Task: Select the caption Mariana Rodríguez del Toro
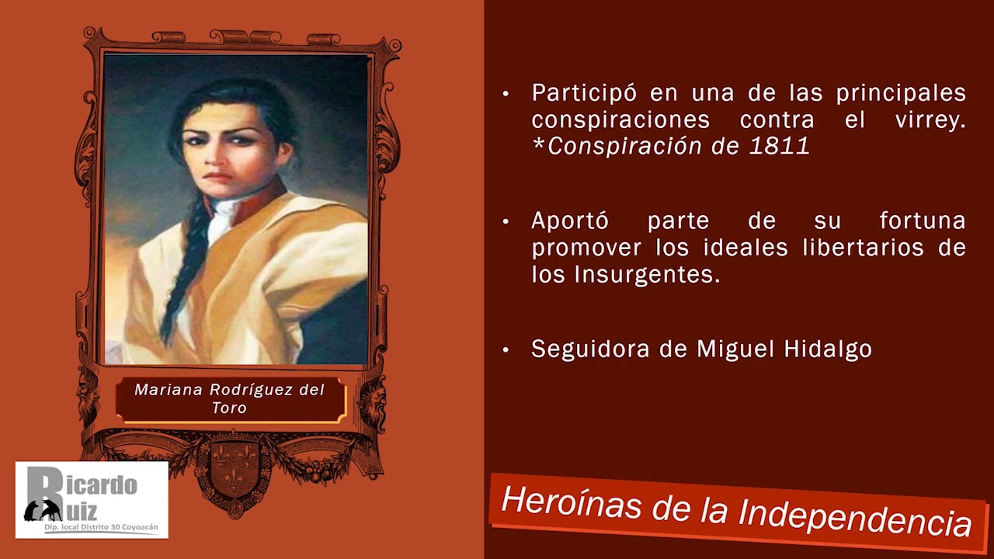click(x=230, y=398)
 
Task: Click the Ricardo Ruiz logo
click(x=92, y=499)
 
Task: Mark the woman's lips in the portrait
click(x=218, y=177)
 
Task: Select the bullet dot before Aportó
click(x=506, y=222)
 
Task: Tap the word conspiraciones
click(x=620, y=120)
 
